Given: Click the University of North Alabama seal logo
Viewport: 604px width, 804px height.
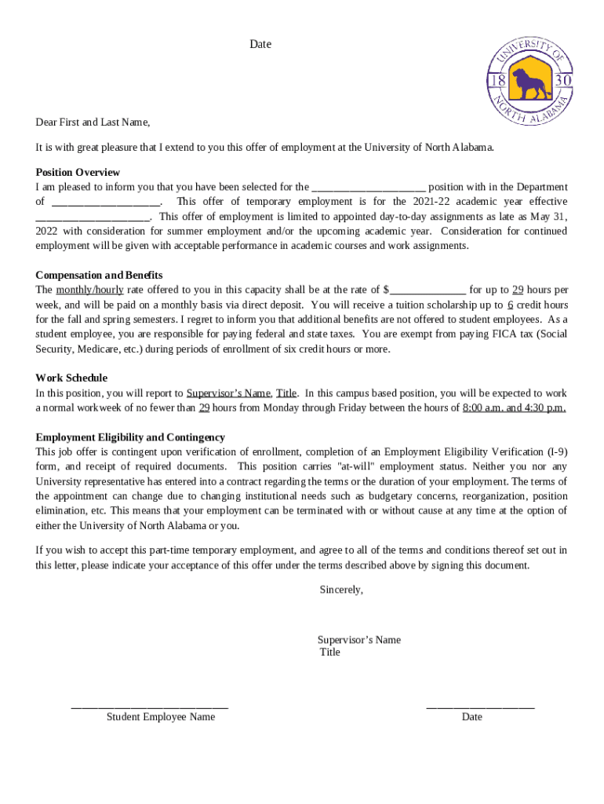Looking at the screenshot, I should click(530, 82).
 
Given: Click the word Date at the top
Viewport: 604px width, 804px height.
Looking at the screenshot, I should click(260, 45).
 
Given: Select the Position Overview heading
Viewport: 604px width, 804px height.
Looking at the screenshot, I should click(78, 172).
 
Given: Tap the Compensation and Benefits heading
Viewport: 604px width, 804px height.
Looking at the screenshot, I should click(99, 275).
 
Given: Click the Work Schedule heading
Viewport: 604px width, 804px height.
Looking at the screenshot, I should click(71, 378).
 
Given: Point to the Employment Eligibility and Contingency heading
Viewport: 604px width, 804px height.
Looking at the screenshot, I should click(130, 437).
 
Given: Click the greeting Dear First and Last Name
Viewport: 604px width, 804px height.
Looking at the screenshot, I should click(93, 122).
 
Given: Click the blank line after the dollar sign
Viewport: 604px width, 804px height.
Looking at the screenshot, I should click(428, 290).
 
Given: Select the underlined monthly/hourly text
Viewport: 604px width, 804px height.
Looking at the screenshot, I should click(89, 290).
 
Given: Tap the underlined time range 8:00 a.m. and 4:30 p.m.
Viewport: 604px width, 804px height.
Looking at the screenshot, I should click(514, 407).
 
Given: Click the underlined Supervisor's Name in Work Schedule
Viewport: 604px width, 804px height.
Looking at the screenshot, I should click(228, 393).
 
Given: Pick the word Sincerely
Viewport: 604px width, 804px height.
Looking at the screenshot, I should click(341, 590).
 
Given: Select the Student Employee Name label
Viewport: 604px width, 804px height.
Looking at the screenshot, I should click(161, 717).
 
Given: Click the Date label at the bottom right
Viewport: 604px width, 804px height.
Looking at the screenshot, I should click(472, 717).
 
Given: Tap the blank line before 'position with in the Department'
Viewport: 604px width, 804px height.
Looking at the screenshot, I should click(369, 188).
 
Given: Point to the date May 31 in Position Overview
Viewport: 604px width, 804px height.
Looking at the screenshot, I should click(547, 217).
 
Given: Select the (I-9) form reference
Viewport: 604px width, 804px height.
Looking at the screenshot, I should click(556, 451).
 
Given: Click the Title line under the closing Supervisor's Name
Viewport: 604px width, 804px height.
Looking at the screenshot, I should click(330, 652).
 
